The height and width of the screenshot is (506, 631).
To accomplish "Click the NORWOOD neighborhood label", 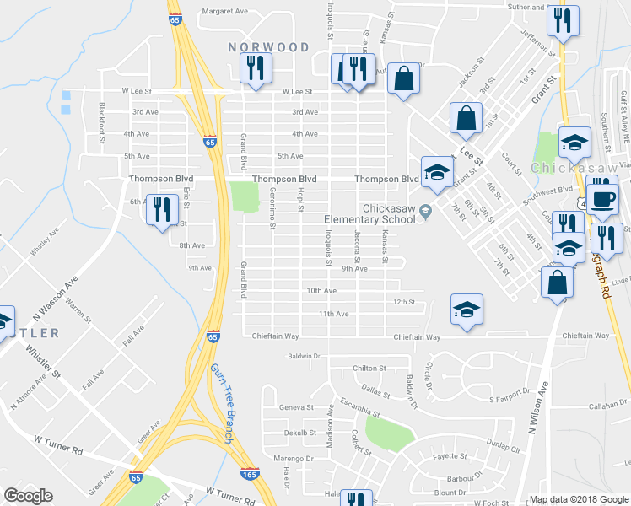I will [269, 47].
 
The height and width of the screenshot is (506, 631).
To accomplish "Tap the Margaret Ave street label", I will [224, 12].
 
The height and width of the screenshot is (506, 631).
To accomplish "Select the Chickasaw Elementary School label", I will [371, 214].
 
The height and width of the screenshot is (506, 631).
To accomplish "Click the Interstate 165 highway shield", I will [249, 476].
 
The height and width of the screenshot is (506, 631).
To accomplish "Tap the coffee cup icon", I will [601, 199].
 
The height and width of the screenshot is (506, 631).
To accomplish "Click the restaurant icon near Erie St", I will [160, 209].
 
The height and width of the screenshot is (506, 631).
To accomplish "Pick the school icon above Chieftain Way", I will [467, 310].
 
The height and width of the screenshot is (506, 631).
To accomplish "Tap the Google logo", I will [28, 496].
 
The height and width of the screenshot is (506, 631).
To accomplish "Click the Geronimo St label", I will [272, 208].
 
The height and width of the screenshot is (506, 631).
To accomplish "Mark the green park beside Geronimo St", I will [245, 196].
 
